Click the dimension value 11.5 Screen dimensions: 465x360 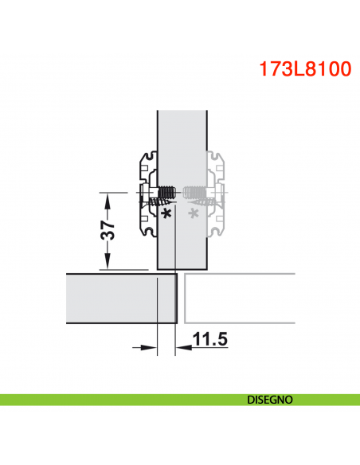click(x=211, y=340)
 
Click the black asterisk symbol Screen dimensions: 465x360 click(x=166, y=214)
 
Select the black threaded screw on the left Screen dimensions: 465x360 click(x=165, y=193)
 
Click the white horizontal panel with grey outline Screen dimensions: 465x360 click(x=239, y=300)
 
